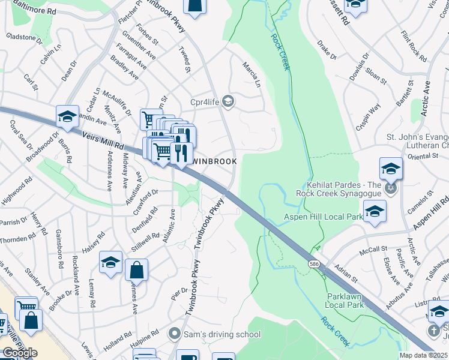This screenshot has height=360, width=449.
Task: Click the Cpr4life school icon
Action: coord(228,101)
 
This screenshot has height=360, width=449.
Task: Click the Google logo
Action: coord(19,352)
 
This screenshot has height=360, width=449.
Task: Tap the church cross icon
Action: coord(433,331)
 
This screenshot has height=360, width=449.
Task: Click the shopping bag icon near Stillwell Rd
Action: coord(136,271)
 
